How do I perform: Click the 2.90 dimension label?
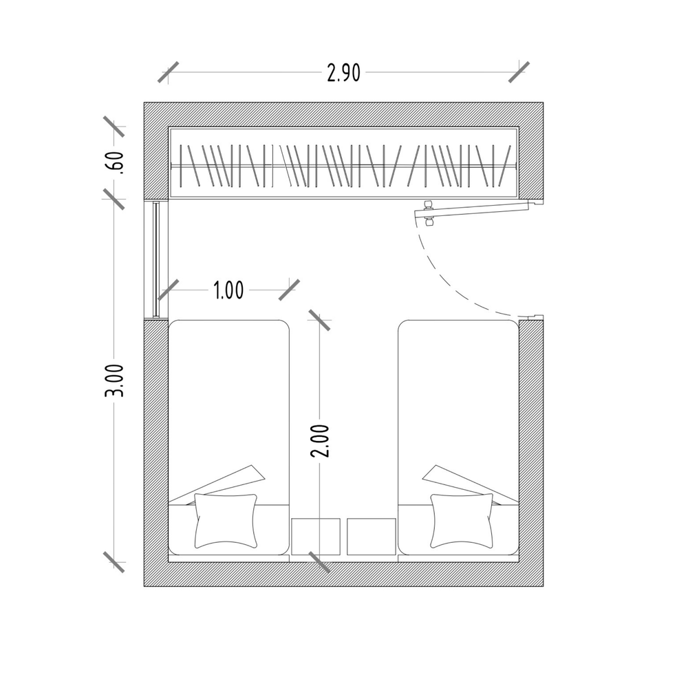pos(343,73)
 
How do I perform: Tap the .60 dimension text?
pos(116,163)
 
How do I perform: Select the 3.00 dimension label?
pos(116,380)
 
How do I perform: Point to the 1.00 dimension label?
pos(228,290)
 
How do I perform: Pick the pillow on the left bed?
pos(226,520)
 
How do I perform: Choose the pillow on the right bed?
pos(462,520)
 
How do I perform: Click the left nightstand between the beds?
pos(316,536)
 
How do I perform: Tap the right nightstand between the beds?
pos(372,536)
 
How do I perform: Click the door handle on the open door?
pos(429,213)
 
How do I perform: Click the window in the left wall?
pos(157,259)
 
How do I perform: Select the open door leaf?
pos(475,209)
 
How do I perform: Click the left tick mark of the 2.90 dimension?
pos(168,72)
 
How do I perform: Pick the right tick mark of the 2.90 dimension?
pos(519,72)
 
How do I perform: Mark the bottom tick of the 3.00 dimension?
pos(114,561)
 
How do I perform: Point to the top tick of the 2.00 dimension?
pos(319,320)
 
